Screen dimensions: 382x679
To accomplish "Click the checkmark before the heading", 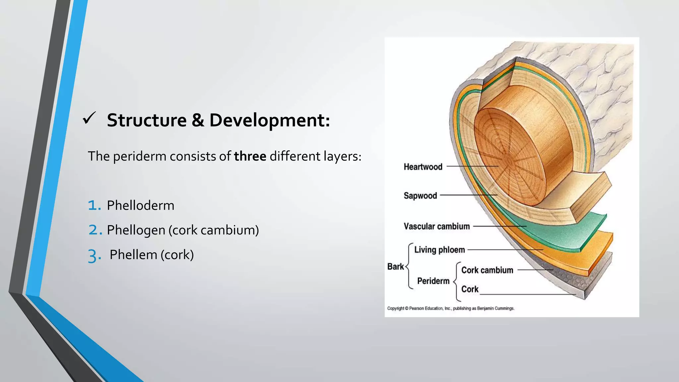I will point(89,118).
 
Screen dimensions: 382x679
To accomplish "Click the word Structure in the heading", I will point(147,120).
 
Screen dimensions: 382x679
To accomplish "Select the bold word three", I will point(250,156).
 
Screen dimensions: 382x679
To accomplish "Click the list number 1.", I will point(94,206).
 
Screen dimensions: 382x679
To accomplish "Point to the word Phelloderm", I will point(140,206).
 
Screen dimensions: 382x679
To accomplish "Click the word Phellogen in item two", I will point(136,230).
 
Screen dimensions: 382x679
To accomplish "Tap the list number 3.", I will point(94,256).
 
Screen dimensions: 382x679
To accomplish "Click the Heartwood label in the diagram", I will point(423,167).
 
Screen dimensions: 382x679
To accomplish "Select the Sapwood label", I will point(420,196).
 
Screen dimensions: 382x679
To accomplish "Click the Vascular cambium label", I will point(436,226).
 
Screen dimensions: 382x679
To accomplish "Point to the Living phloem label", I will point(439,250).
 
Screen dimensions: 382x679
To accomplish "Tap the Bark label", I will point(395,267).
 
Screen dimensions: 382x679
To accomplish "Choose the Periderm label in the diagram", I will point(433,281).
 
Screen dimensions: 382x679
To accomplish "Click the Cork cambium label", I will point(487,270).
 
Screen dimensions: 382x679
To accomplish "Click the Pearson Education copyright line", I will point(451,308).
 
